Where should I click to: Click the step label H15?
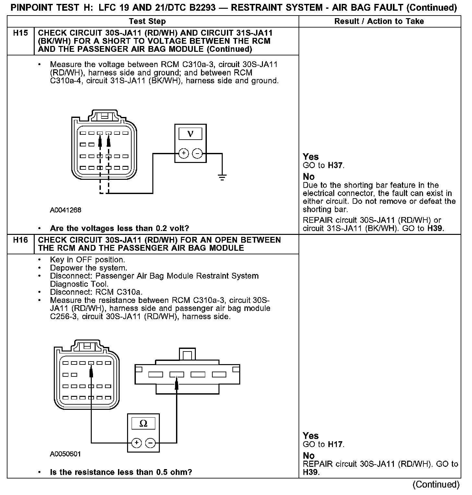click(x=20, y=33)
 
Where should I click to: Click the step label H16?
click(x=20, y=240)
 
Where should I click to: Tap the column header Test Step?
click(x=147, y=21)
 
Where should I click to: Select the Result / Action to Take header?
click(x=379, y=21)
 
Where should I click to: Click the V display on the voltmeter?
click(x=190, y=134)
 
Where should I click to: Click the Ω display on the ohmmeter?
click(x=143, y=423)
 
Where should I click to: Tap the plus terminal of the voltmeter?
click(x=183, y=153)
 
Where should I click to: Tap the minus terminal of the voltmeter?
click(x=197, y=153)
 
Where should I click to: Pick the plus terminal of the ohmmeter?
click(x=136, y=443)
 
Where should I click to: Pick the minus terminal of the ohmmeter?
click(x=150, y=443)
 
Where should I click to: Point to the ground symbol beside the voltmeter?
click(x=222, y=177)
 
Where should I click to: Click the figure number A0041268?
click(x=65, y=210)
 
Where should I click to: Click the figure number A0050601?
click(x=65, y=454)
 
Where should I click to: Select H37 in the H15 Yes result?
click(x=335, y=166)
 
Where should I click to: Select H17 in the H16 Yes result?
click(x=335, y=444)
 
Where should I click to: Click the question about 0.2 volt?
click(x=119, y=228)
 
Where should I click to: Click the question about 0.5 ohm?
click(x=121, y=472)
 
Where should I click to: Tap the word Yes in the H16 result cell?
click(x=311, y=436)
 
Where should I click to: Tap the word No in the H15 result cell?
click(x=309, y=177)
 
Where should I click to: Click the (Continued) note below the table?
click(x=436, y=485)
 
